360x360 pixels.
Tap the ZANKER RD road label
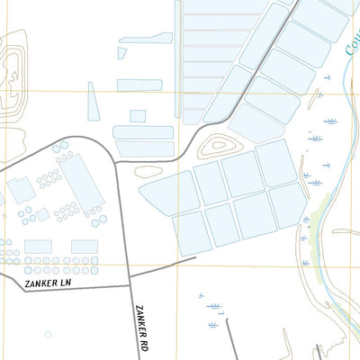(141, 328)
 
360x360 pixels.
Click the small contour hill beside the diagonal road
(219, 146)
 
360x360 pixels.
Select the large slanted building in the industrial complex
(84, 179)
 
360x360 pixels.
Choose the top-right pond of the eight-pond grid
(276, 163)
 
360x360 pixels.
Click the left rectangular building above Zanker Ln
(38, 247)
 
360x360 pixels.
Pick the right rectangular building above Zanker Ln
(85, 247)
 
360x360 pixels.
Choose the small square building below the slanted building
(41, 214)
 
